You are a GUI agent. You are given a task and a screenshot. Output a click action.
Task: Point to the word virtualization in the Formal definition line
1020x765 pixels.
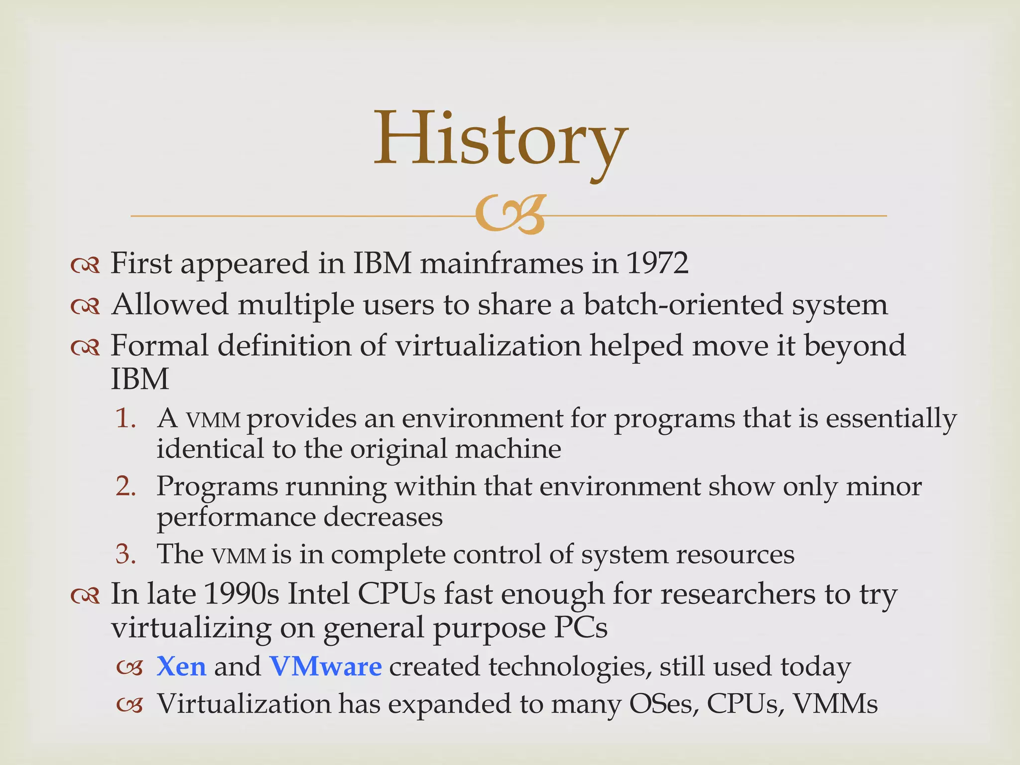(x=488, y=345)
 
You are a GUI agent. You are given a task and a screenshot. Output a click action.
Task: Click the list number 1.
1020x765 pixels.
(x=125, y=418)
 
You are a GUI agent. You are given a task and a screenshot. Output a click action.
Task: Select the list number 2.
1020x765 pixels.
(x=126, y=486)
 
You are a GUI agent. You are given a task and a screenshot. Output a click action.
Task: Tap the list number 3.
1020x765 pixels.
(x=126, y=554)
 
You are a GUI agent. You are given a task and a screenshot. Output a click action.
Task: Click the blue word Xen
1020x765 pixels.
(x=181, y=666)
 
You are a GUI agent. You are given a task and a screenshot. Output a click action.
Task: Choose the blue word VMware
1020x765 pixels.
(x=326, y=666)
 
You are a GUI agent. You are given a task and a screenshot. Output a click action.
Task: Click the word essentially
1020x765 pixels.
(x=891, y=418)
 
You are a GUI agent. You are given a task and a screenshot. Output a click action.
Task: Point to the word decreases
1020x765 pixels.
(x=383, y=516)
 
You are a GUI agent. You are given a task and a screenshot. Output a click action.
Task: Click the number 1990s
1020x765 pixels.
(x=241, y=594)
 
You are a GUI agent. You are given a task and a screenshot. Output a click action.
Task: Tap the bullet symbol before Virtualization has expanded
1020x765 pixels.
(x=129, y=705)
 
